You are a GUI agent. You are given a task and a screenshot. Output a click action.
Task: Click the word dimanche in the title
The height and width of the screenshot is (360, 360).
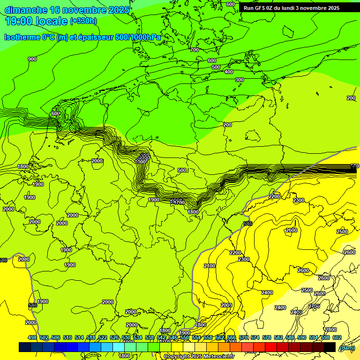point(26,10)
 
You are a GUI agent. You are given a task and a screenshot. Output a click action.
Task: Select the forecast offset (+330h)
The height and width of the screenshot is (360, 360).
point(83,21)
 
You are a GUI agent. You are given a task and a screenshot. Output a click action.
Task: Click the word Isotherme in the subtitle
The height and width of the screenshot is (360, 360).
point(22,37)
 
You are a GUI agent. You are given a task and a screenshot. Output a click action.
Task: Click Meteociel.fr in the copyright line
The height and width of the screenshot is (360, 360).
point(217,357)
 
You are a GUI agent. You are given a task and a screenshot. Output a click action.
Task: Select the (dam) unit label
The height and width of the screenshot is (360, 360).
point(347,348)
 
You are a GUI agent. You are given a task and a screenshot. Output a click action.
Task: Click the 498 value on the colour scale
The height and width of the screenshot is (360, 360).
point(32,337)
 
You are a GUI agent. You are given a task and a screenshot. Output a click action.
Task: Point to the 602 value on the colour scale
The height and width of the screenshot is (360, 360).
point(337,337)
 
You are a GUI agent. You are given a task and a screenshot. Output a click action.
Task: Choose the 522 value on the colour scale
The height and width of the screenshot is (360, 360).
point(103,337)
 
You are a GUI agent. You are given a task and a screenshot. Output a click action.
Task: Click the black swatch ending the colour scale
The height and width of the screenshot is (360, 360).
point(330,347)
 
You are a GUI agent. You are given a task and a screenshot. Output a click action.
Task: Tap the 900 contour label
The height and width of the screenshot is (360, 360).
point(32,59)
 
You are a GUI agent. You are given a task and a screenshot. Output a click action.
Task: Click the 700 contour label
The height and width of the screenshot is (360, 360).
point(195,50)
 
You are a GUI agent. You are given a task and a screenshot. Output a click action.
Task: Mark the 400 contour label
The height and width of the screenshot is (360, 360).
point(229,72)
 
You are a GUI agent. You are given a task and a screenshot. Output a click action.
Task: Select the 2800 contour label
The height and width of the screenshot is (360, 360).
point(331,330)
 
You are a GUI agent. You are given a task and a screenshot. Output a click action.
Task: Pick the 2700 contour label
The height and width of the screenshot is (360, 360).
point(314,306)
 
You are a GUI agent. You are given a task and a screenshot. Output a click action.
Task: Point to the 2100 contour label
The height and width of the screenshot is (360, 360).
point(210,266)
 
